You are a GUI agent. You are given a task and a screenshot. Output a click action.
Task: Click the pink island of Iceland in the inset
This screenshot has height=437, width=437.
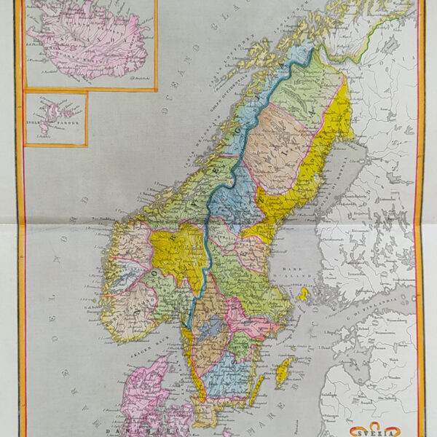click(87, 44)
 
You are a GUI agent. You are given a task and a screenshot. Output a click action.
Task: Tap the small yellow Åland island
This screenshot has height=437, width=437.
click(303, 294)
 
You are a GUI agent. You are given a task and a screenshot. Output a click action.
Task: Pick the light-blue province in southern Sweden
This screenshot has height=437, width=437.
click(222, 379)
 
